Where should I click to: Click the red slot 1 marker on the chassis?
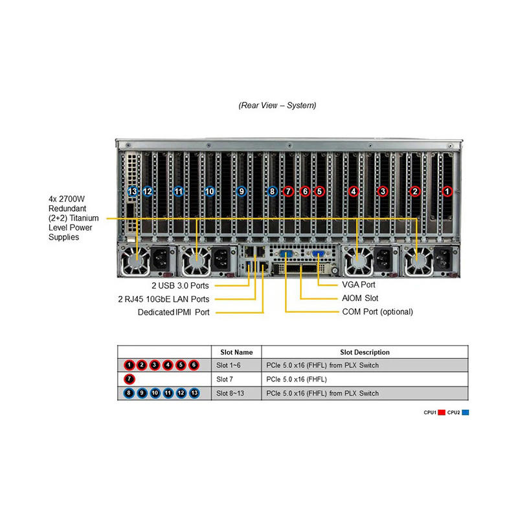tap(447, 191)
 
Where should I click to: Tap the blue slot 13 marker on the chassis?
tap(133, 191)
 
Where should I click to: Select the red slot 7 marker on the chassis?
tap(288, 191)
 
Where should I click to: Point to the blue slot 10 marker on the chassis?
tap(209, 191)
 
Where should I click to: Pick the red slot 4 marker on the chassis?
tap(353, 191)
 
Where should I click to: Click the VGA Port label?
tap(358, 284)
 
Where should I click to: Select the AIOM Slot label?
tap(360, 298)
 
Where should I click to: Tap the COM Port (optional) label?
tap(377, 311)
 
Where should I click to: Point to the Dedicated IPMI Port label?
tap(174, 312)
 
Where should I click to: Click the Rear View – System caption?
tap(277, 105)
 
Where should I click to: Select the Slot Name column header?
tap(236, 352)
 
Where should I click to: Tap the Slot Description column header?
tap(365, 352)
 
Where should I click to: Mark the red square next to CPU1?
tap(442, 412)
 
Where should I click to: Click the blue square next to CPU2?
tap(465, 412)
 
